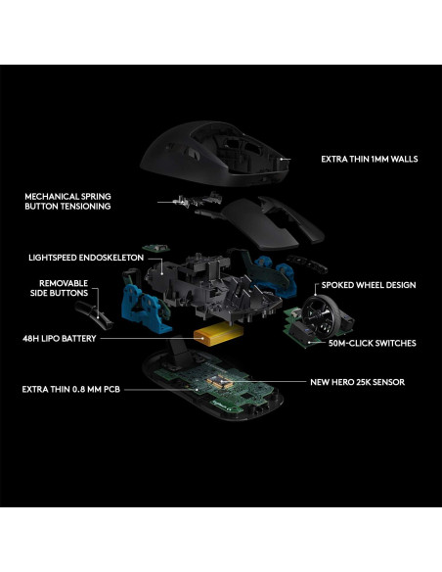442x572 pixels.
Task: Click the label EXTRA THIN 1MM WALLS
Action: pyautogui.click(x=371, y=158)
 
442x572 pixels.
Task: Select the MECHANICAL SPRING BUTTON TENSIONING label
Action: pyautogui.click(x=67, y=202)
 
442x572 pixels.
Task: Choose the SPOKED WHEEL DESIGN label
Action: pyautogui.click(x=370, y=285)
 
